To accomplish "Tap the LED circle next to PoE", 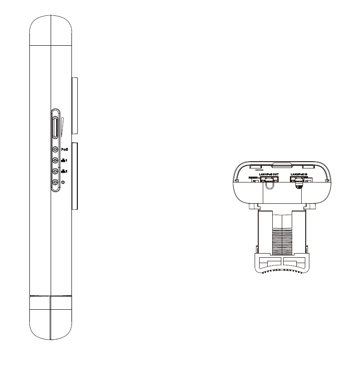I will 55,149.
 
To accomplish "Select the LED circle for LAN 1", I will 55,160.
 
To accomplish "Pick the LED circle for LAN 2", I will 55,171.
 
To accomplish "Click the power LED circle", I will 55,182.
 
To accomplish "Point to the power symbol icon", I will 63,182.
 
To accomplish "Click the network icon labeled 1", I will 64,160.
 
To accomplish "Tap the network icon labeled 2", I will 64,171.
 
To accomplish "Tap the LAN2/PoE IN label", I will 299,174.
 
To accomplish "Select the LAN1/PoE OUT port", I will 269,179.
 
